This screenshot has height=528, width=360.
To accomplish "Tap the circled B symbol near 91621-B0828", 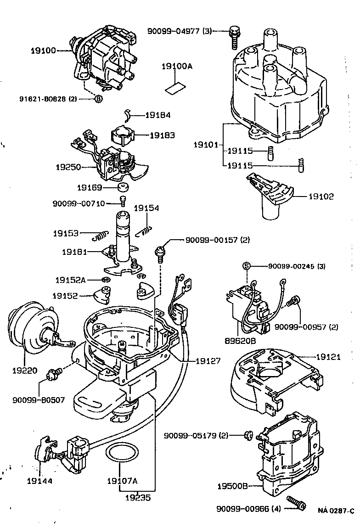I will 98,98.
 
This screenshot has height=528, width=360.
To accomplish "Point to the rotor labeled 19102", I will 271,196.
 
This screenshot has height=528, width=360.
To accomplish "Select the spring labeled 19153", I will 100,235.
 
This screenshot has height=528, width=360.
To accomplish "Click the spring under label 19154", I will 145,228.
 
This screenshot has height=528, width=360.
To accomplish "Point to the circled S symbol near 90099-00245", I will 246,266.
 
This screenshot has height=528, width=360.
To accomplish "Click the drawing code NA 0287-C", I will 336,510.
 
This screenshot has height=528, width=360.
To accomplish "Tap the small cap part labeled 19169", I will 123,189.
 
